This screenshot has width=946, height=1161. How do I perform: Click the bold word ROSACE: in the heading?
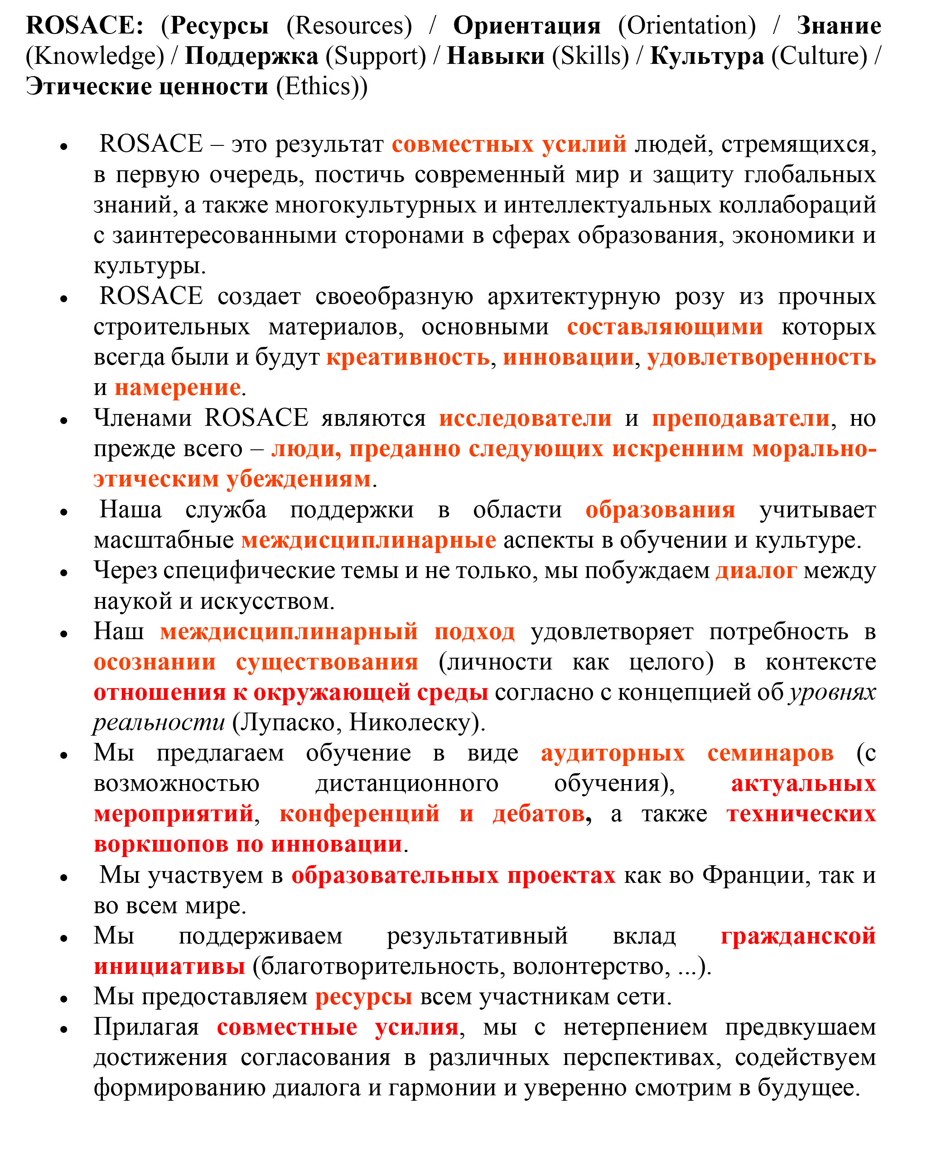pos(84,26)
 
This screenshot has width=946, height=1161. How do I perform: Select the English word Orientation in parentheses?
pos(686,26)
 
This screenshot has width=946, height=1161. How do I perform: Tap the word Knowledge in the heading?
pos(95,56)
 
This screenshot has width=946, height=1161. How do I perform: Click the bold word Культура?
pos(707,56)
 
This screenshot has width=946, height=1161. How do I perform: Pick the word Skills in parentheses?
pos(591,56)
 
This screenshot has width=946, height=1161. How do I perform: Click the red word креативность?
pos(408,357)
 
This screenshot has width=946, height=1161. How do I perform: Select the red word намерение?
pos(178,388)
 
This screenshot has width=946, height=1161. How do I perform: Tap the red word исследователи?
pos(525,419)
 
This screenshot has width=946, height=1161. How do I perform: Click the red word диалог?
pos(756,571)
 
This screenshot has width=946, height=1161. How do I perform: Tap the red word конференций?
pos(359,814)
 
